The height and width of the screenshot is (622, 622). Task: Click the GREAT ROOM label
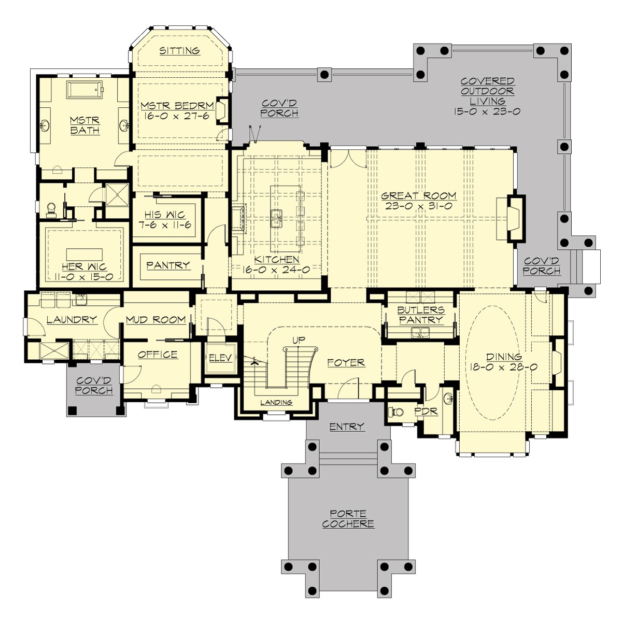(419, 195)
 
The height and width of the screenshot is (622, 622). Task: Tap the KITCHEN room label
(276, 260)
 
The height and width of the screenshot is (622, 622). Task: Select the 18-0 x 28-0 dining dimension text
(503, 366)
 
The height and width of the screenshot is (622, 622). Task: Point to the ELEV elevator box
(220, 358)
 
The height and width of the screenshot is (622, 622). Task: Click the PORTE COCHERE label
(348, 519)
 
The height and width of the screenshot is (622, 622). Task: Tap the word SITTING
(179, 51)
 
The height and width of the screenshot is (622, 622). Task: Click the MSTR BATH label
(84, 125)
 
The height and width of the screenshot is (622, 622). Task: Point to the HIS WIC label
(165, 215)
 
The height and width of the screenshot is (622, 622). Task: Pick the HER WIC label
(84, 266)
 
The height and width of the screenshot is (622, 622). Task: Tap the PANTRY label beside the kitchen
(167, 265)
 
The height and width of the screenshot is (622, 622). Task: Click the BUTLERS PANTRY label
(420, 315)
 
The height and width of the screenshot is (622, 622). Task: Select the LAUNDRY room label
(72, 320)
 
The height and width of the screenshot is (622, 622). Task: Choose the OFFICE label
(158, 355)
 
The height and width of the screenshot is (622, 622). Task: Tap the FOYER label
(346, 363)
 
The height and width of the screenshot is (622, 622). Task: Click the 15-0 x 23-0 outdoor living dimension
(487, 111)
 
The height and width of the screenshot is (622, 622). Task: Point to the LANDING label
(276, 402)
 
